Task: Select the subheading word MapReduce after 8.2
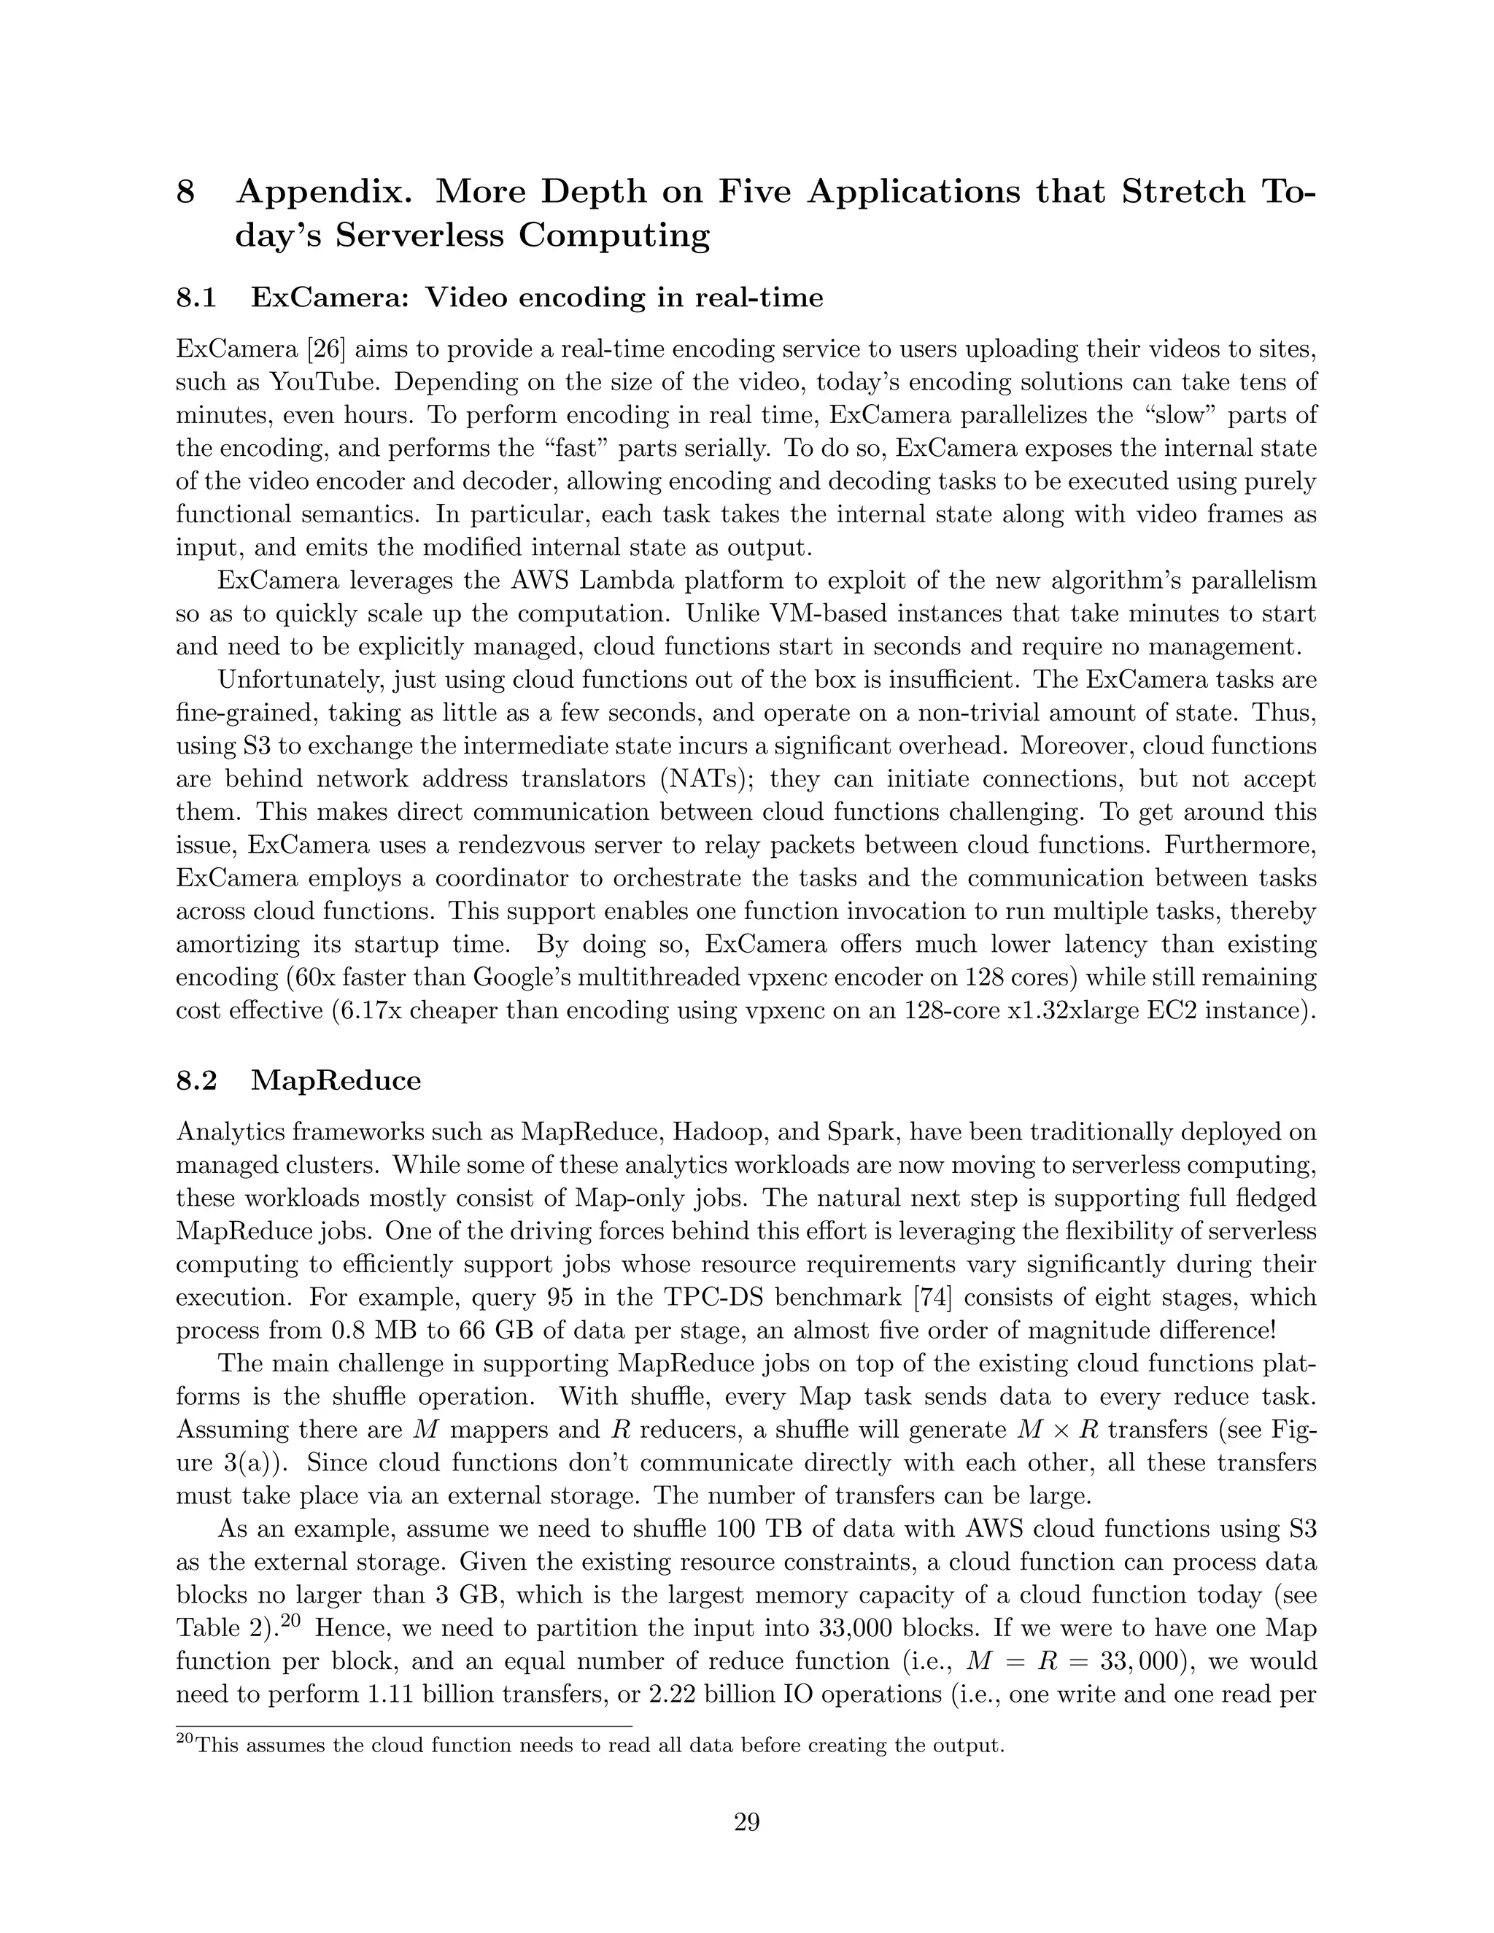click(x=336, y=1081)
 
